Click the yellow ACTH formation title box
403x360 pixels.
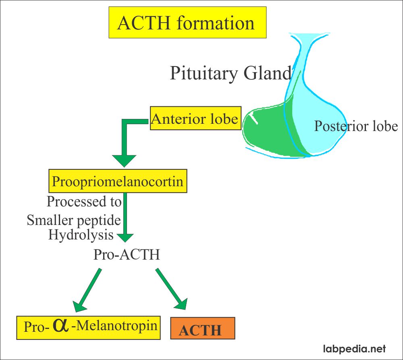pos(187,23)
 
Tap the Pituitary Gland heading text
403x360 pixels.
pos(230,73)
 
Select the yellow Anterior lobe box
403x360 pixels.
pos(195,119)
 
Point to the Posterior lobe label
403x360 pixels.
pos(356,126)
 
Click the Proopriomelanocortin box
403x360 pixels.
pos(118,181)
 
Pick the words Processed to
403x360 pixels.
pos(84,201)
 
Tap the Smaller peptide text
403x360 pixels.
pos(74,220)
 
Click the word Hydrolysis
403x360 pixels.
pos(81,235)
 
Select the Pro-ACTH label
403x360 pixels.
pos(127,255)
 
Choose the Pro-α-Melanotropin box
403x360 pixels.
pos(88,326)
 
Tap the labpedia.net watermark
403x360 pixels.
pos(355,349)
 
